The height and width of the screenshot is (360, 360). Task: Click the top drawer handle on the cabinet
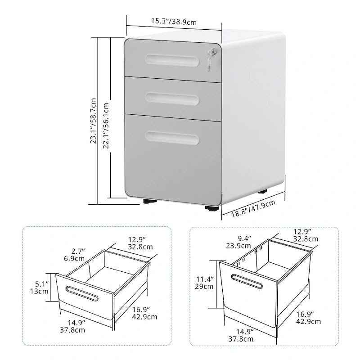pos(172,59)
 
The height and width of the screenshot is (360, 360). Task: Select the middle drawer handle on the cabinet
pos(172,98)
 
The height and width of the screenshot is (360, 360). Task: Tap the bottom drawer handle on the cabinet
pos(172,138)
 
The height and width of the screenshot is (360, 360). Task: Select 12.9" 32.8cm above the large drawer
pos(306,235)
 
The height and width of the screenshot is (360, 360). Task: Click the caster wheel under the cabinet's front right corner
pos(211,208)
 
